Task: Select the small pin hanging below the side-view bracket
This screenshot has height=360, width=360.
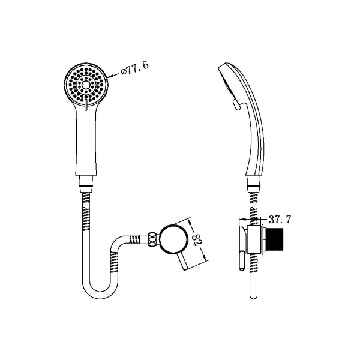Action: point(242,265)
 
